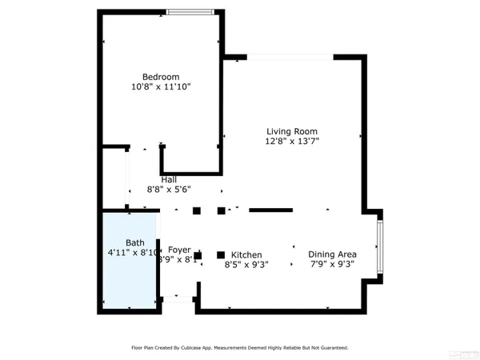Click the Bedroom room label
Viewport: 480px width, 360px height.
[161, 77]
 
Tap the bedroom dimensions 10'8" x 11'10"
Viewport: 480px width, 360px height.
[161, 86]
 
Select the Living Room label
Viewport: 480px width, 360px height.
[292, 132]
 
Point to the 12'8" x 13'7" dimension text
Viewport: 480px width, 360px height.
[292, 142]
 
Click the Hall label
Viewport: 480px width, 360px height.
[169, 180]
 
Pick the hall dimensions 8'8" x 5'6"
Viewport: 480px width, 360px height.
[169, 190]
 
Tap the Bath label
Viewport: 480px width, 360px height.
[134, 242]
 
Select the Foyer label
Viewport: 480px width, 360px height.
[179, 250]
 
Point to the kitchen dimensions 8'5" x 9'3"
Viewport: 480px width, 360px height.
[246, 263]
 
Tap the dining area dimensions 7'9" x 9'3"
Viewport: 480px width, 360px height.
[332, 263]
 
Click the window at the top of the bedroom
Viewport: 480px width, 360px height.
[190, 11]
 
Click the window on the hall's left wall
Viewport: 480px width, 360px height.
[128, 180]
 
